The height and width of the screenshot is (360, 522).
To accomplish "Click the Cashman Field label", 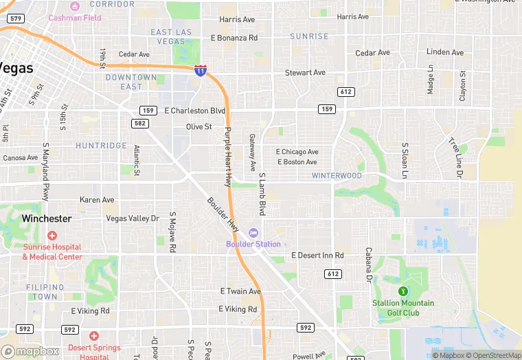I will coord(75,18).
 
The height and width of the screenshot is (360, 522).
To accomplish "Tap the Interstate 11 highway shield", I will coord(200,70).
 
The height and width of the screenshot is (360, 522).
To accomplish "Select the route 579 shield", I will coord(16,19).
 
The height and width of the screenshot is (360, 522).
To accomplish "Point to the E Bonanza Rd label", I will coord(234,38).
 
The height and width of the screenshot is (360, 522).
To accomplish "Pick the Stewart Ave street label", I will coord(305,72).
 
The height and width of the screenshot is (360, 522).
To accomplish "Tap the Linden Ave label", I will coord(444,52).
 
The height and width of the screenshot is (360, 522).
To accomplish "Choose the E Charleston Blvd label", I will coord(195,110).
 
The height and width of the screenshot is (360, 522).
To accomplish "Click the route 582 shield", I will coord(140,123).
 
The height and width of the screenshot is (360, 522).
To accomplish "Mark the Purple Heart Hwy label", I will coord(228,157).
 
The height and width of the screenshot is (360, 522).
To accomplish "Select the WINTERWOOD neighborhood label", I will coord(337,176).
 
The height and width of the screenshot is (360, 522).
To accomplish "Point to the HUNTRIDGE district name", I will coord(101,146).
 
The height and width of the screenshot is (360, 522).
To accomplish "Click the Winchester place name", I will coord(46,218).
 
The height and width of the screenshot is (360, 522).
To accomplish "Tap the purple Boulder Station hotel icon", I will coord(253,233).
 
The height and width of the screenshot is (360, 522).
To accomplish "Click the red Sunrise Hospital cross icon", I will coord(52,236).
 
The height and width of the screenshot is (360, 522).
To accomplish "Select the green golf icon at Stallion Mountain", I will coord(403,291).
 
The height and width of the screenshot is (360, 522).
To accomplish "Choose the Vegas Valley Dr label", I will coord(133,218).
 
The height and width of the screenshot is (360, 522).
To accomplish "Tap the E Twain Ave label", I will coord(240,291).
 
